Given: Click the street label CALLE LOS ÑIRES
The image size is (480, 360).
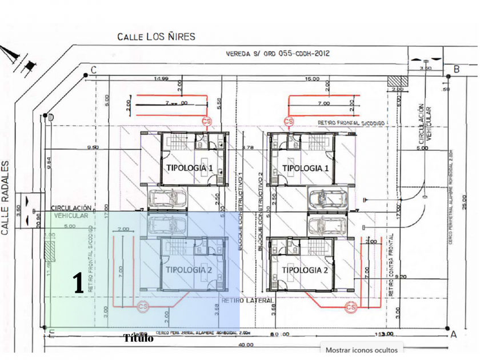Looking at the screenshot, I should (x=156, y=37).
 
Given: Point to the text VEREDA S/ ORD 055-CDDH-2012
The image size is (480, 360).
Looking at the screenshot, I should (x=278, y=55).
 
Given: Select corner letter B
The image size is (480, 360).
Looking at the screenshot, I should (x=456, y=70).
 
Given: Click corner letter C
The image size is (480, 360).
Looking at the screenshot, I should (x=92, y=70).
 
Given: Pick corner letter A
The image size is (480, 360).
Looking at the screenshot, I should (x=454, y=334).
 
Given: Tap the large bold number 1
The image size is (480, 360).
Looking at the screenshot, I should (x=79, y=284).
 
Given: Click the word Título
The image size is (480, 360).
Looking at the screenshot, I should (x=138, y=338).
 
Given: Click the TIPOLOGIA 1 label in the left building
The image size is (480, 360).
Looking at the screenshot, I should (x=189, y=168).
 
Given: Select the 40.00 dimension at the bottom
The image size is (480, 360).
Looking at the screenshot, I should (x=246, y=345).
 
